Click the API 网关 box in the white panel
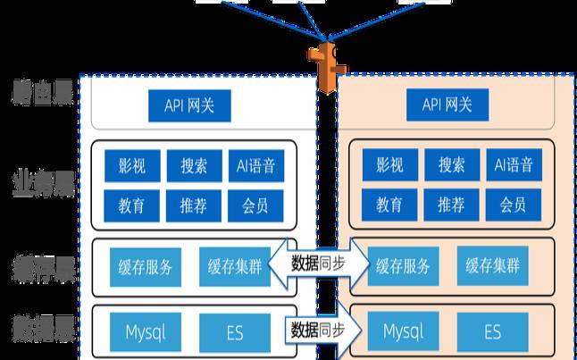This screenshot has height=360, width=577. (188, 106)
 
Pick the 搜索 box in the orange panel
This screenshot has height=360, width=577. (451, 165)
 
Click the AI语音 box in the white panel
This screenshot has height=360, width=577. (255, 165)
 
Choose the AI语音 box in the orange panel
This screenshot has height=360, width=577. (513, 165)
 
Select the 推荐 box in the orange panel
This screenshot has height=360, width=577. (451, 205)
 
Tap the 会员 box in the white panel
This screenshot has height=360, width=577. (255, 205)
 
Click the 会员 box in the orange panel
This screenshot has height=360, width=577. (513, 205)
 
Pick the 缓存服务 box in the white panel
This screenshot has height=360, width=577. (145, 265)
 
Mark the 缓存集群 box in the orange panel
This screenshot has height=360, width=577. (492, 265)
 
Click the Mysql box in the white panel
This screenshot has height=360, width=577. (145, 332)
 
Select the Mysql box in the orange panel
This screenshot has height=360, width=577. (403, 332)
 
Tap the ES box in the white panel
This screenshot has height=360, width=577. (235, 332)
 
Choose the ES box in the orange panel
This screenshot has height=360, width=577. (492, 332)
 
